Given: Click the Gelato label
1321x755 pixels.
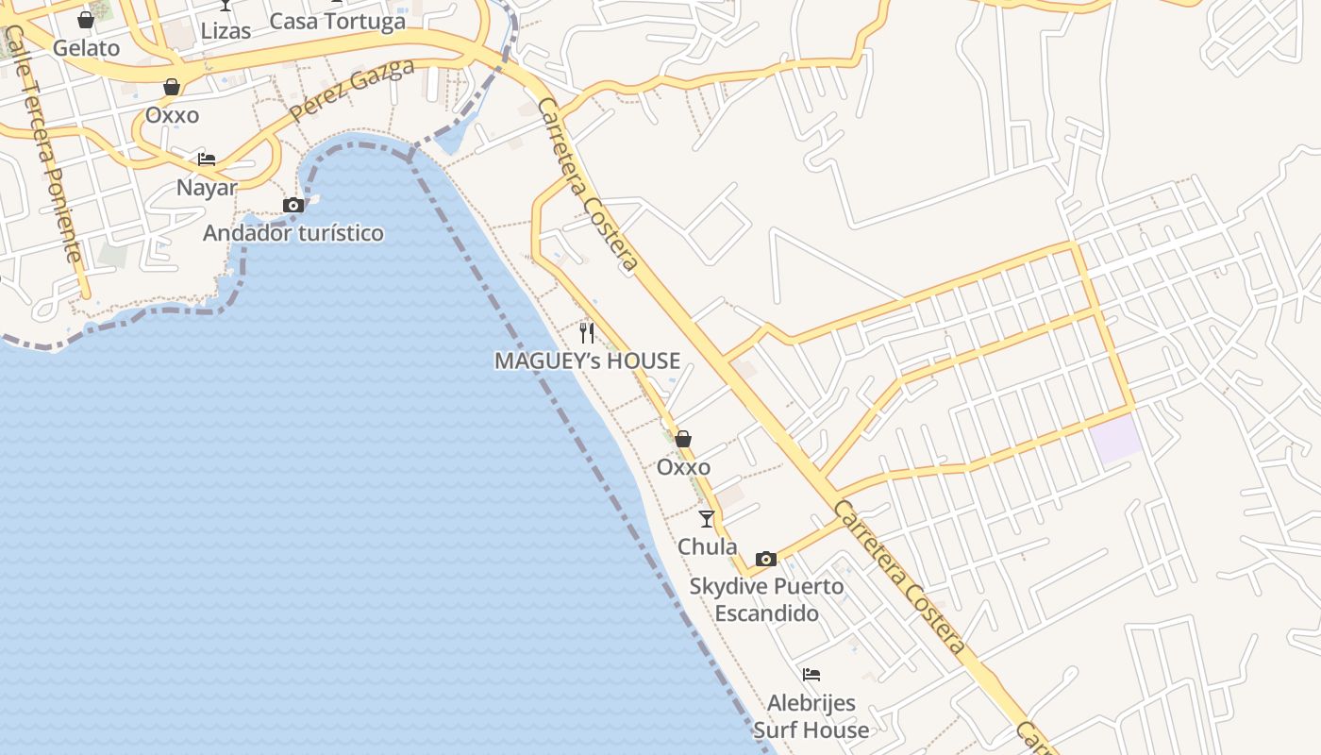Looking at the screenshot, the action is (86, 48).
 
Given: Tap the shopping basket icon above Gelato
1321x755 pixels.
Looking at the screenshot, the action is (86, 19).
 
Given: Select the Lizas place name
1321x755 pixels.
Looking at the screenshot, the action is (226, 30).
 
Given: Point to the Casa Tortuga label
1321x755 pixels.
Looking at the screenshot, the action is (337, 21).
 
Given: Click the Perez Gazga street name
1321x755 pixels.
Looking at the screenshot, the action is (351, 90).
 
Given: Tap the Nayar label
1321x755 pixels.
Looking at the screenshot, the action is (207, 187).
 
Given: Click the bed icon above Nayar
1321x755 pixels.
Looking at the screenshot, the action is (207, 159).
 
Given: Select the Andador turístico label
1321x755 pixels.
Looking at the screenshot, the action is (293, 233).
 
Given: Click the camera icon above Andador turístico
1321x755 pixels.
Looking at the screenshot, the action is (293, 205).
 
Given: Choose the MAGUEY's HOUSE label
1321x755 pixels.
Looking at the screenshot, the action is (587, 361).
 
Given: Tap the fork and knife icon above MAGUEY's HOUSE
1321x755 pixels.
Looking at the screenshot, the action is (587, 332).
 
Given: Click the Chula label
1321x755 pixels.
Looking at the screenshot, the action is (708, 546).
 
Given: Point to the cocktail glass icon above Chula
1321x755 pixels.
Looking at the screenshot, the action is (707, 518).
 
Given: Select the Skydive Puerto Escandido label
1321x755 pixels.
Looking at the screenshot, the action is (766, 599).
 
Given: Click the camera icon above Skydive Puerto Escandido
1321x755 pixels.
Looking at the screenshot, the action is (766, 559).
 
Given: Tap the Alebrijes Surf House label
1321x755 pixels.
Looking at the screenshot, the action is (811, 716).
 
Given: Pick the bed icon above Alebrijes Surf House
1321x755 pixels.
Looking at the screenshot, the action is (811, 674).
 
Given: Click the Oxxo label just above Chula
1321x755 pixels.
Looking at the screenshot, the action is (683, 467).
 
